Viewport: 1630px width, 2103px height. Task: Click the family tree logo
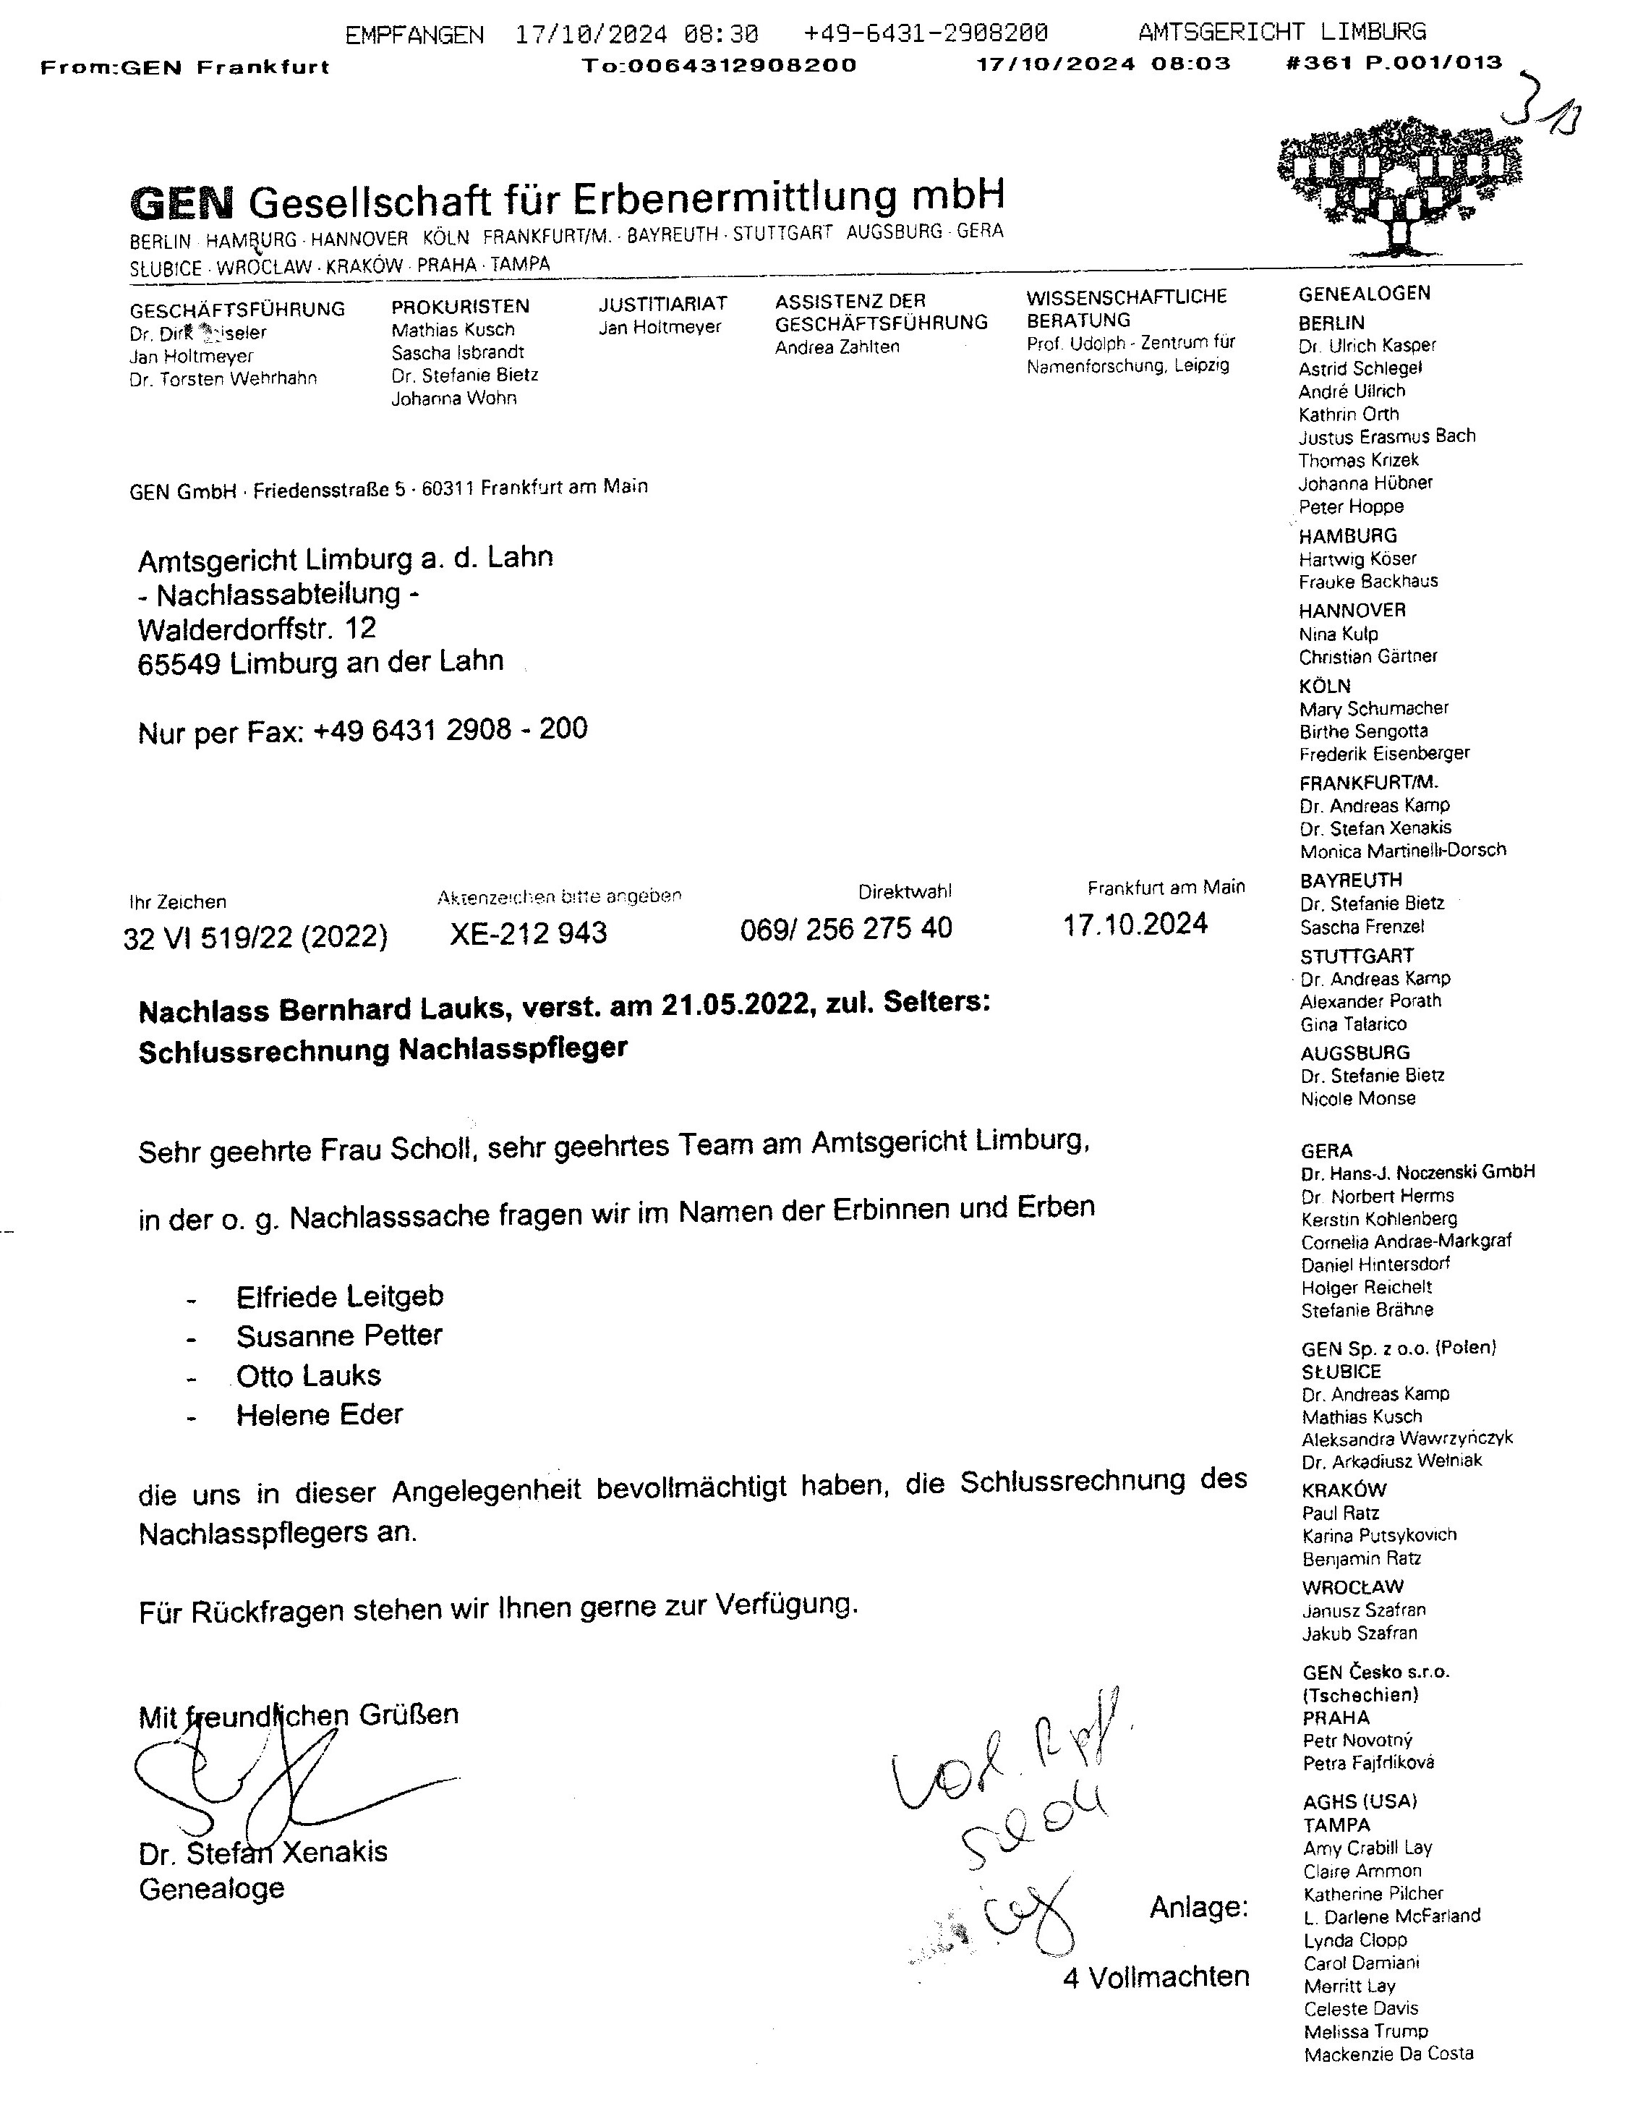click(1401, 188)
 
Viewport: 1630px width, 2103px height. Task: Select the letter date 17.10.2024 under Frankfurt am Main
click(1135, 925)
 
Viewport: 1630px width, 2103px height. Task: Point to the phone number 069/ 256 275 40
click(846, 928)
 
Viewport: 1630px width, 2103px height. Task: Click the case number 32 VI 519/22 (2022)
click(256, 937)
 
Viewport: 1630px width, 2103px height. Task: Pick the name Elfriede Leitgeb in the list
click(340, 1296)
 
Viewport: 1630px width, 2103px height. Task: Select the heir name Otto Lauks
click(308, 1375)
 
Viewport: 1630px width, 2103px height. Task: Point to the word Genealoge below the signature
click(212, 1890)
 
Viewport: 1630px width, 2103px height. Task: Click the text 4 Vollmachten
click(1156, 1978)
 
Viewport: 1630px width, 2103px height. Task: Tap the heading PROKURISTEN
click(460, 306)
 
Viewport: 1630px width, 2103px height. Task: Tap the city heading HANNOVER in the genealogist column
click(1352, 611)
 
